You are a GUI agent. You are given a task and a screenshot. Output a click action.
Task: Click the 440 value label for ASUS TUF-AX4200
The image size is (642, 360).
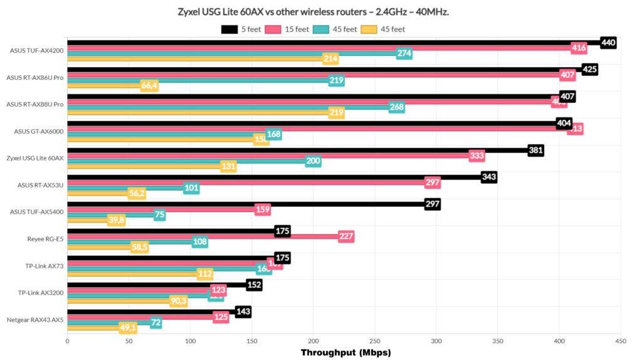pyautogui.click(x=608, y=43)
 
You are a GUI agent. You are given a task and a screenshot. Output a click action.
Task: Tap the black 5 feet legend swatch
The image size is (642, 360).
pyautogui.click(x=229, y=29)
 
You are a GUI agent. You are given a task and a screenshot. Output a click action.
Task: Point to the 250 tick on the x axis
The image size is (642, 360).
pyautogui.click(x=374, y=341)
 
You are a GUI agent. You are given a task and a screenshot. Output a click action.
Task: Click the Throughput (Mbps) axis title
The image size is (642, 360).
pyautogui.click(x=345, y=352)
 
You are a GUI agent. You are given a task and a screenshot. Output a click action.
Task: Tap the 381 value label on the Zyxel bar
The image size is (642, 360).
pyautogui.click(x=535, y=151)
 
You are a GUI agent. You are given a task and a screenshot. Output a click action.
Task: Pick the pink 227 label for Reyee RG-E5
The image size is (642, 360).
pyautogui.click(x=346, y=236)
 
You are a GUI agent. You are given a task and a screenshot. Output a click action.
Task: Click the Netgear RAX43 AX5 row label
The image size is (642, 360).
pyautogui.click(x=35, y=320)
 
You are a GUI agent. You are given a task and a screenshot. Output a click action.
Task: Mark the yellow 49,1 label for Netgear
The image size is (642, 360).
pyautogui.click(x=128, y=327)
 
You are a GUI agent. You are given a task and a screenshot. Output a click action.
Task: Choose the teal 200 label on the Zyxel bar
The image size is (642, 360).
pyautogui.click(x=313, y=161)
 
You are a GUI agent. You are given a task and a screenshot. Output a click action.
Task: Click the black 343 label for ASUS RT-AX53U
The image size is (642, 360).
pyautogui.click(x=489, y=177)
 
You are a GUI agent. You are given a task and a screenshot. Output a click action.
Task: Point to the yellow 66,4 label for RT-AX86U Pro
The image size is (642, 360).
pyautogui.click(x=149, y=85)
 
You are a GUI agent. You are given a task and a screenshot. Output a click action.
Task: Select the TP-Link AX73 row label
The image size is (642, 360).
pyautogui.click(x=44, y=266)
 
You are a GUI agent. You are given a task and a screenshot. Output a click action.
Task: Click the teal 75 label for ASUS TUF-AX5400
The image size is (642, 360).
pyautogui.click(x=160, y=215)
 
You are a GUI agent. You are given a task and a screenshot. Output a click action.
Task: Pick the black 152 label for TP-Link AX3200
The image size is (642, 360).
pyautogui.click(x=254, y=285)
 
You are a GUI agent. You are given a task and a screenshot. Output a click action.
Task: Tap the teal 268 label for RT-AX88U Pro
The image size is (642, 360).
pyautogui.click(x=396, y=107)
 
